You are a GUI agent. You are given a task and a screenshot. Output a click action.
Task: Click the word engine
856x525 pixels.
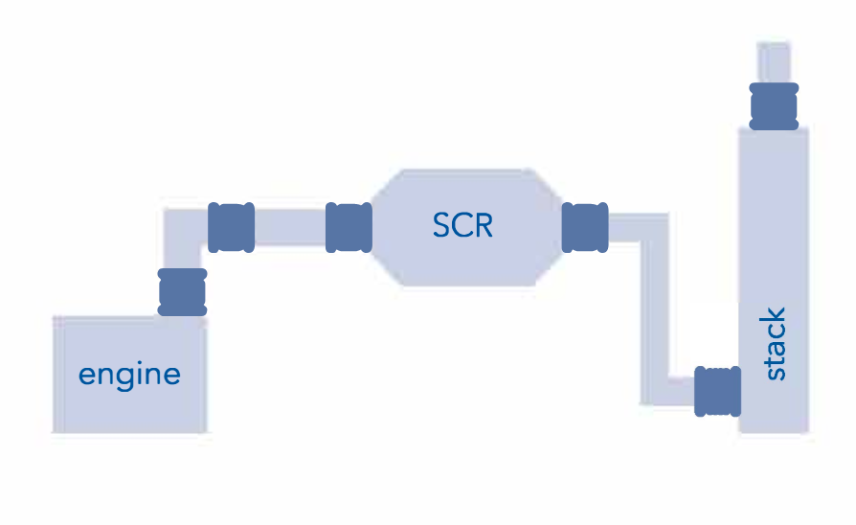tap(129, 375)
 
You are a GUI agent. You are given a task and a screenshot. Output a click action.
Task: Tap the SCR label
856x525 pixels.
tap(462, 227)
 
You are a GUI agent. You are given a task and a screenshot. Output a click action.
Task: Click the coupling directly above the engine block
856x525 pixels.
tap(182, 292)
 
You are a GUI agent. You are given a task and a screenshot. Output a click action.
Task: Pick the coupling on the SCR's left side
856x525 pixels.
tap(349, 227)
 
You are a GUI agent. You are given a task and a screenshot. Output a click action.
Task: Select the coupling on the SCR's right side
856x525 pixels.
tap(584, 227)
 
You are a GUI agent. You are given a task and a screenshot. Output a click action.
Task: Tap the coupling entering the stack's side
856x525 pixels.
tap(717, 391)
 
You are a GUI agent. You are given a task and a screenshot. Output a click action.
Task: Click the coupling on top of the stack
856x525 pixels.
tap(774, 105)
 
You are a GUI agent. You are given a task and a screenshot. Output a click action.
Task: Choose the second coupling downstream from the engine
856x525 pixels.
tap(231, 227)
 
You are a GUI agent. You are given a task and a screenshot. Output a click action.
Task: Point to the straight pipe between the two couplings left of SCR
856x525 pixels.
tap(290, 227)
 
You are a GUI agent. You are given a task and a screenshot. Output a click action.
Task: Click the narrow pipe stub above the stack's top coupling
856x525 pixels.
tap(774, 62)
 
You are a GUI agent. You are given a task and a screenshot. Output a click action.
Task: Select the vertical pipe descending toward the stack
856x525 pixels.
tap(654, 307)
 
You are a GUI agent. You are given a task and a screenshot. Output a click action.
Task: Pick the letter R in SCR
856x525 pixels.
tap(483, 227)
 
